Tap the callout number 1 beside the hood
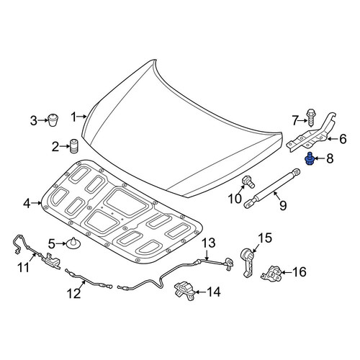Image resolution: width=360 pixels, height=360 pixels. pos(74,117)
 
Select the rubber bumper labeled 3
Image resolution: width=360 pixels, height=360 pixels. pos(53,120)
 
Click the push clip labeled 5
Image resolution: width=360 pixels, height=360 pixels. pos(73,243)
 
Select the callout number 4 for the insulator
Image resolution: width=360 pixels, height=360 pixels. pos(27,204)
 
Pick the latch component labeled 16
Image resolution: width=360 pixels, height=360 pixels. pos(271,274)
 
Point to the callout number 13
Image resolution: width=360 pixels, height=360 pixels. pos(208,243)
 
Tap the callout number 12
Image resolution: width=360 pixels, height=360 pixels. pos(73,293)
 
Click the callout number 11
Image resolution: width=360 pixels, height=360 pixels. pos(24,267)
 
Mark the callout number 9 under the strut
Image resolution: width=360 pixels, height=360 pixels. pos(283,206)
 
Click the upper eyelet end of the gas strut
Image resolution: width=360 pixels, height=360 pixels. pos(297,171)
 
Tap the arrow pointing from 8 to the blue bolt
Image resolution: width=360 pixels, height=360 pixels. pos(319,158)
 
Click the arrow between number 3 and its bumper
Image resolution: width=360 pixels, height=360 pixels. pos(43,120)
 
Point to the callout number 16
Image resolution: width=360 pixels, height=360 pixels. pos(299,272)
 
